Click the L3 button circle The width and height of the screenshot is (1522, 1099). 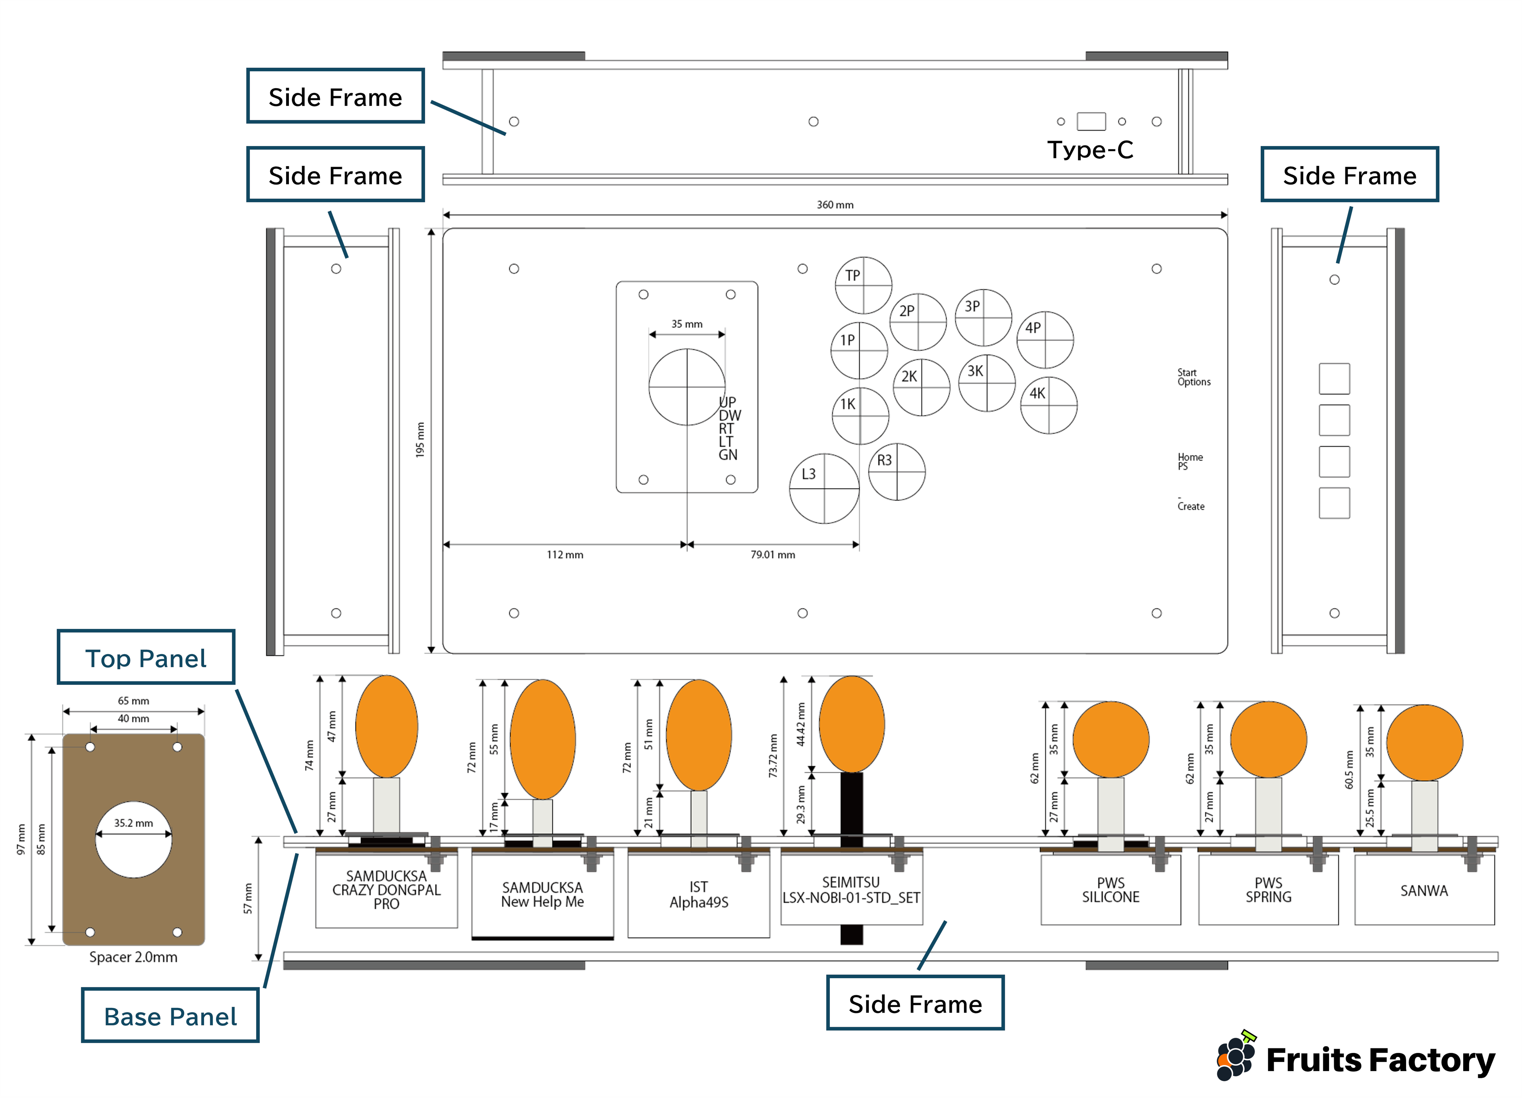click(824, 488)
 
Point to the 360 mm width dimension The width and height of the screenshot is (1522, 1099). click(835, 205)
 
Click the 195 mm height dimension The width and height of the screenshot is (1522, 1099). click(420, 440)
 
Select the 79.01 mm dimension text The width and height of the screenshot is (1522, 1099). click(772, 555)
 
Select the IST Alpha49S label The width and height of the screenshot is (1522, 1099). click(699, 895)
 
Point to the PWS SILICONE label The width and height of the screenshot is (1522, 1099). click(1111, 890)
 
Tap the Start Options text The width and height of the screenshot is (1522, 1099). click(1194, 377)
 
